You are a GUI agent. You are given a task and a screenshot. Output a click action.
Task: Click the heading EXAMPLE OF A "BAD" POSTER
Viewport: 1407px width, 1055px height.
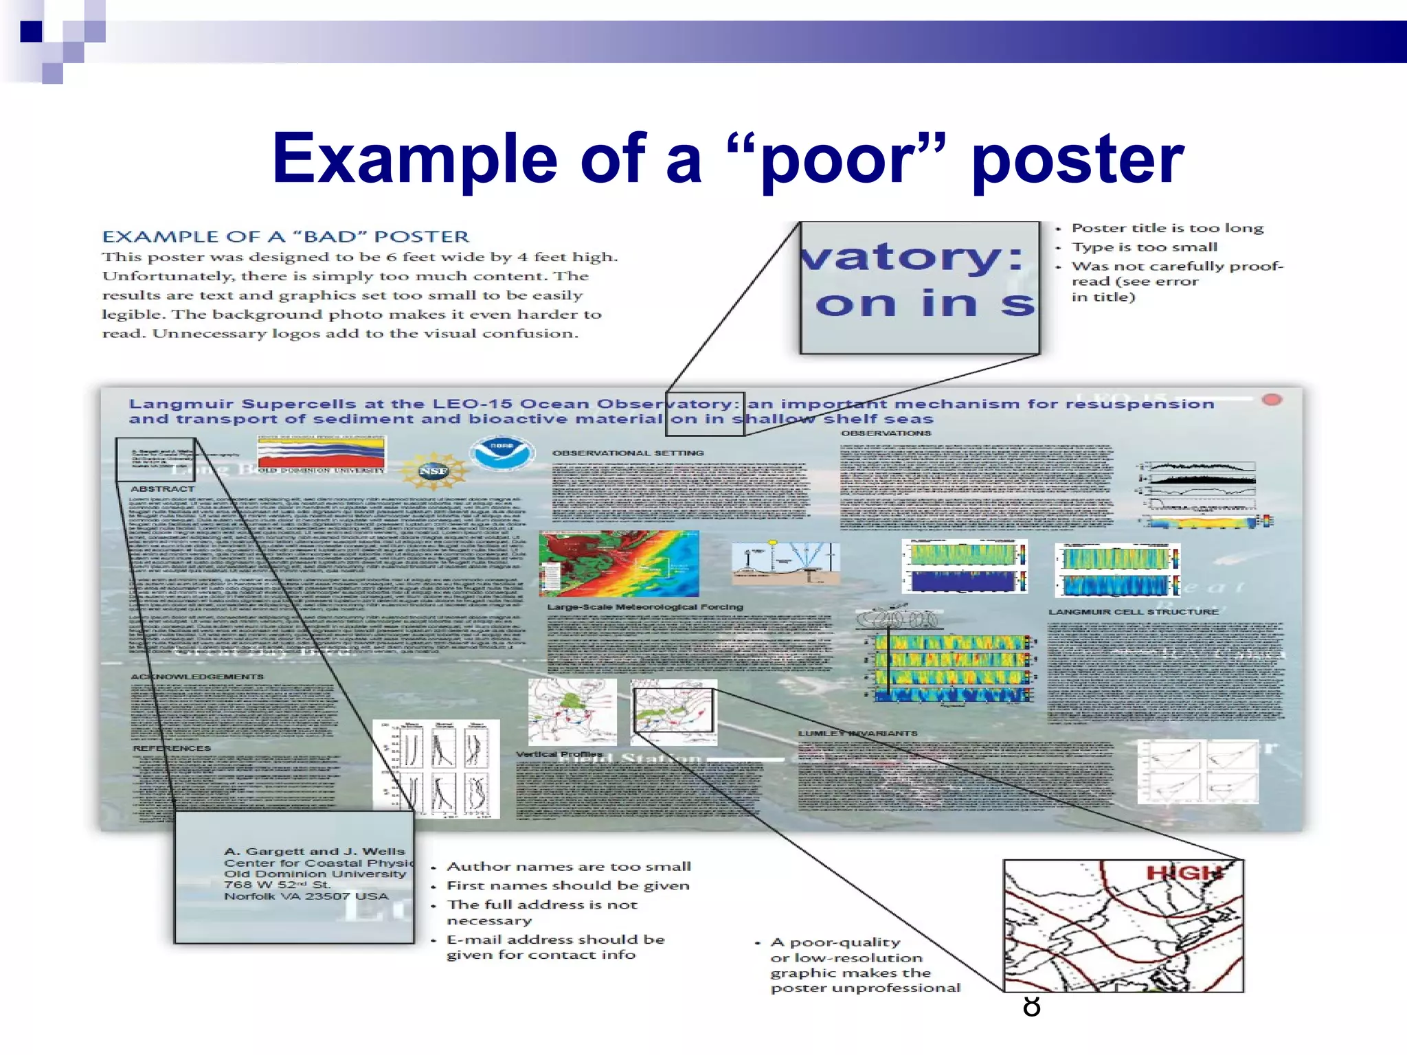pos(285,237)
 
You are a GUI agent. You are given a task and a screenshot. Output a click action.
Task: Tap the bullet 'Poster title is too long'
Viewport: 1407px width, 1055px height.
pos(1167,228)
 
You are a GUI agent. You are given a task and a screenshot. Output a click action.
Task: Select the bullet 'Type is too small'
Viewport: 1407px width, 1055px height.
pos(1144,247)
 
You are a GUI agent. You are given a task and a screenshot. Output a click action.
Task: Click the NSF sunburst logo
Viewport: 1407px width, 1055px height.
pos(433,470)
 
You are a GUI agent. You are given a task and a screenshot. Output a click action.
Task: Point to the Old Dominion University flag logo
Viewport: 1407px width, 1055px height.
pos(322,454)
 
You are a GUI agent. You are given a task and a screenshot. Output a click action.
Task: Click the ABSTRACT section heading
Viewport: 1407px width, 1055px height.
pos(162,489)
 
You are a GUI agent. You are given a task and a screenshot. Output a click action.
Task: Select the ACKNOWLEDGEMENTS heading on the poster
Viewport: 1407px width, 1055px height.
pos(197,677)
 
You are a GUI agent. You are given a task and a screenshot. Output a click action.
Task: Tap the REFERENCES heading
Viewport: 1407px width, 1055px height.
pos(172,748)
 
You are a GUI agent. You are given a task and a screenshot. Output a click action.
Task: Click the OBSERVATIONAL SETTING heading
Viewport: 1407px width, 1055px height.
pos(628,453)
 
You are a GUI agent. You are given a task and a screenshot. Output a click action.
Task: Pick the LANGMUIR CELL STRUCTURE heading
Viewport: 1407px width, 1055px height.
pos(1133,611)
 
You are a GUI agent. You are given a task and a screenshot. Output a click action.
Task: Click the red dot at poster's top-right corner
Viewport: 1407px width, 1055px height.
pos(1272,400)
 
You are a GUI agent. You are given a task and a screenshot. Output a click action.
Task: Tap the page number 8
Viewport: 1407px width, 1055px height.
pos(1031,1007)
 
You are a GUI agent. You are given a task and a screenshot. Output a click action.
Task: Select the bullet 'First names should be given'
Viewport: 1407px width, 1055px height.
pos(567,886)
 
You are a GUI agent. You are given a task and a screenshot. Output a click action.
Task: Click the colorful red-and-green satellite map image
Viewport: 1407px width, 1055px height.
pos(618,563)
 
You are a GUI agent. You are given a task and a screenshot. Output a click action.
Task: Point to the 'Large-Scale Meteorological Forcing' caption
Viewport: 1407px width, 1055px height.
pos(644,607)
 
